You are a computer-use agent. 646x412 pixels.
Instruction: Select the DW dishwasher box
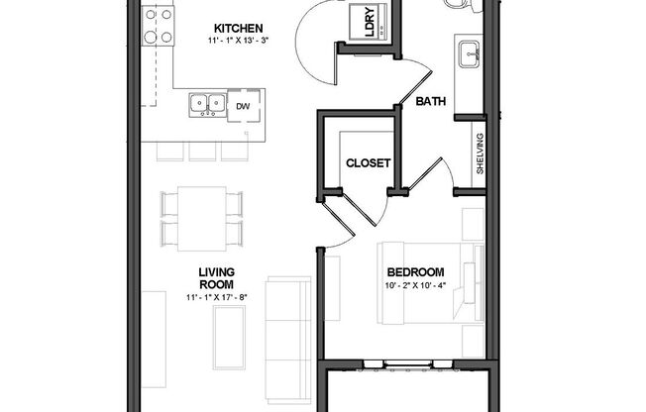(242, 102)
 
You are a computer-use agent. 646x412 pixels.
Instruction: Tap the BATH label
(430, 101)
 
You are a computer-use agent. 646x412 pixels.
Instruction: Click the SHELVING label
(481, 154)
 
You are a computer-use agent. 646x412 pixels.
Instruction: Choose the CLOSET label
(367, 163)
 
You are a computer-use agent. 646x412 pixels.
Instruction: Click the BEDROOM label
(415, 272)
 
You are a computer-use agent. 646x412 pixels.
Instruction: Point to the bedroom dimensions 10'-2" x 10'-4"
(415, 287)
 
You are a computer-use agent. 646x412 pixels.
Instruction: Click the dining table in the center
(201, 217)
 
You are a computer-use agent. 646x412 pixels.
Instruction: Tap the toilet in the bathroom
(462, 4)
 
